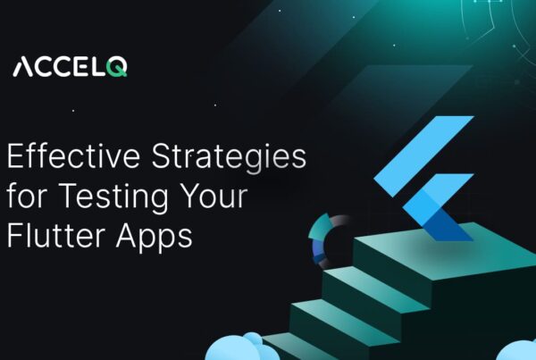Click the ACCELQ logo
click(x=69, y=69)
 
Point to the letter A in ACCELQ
click(x=24, y=69)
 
